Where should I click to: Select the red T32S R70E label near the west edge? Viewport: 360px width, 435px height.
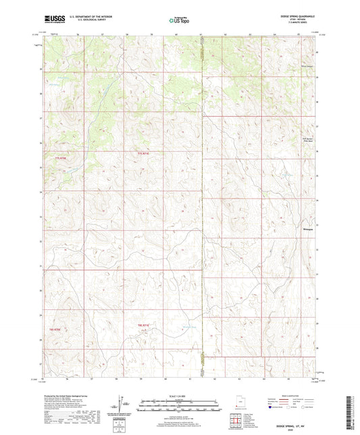pyautogui.click(x=55, y=328)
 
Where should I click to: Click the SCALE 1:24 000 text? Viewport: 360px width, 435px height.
pyautogui.click(x=180, y=394)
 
